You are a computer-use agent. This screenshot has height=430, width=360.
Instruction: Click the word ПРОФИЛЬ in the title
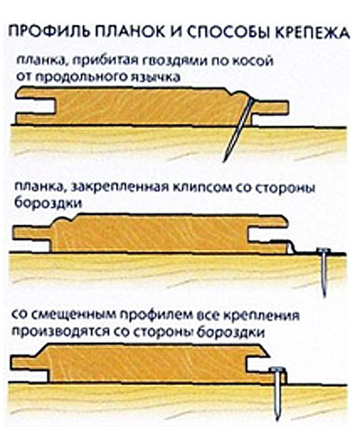48,31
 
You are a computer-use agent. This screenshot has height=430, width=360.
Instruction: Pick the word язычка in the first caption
157,77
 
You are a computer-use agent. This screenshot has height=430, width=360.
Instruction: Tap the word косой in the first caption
254,60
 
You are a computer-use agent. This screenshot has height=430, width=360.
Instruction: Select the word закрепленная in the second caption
117,189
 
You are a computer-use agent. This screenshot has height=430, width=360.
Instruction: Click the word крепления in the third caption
262,316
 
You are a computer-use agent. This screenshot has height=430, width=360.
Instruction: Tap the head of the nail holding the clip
323,250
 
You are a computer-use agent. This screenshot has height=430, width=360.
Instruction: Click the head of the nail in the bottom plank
277,369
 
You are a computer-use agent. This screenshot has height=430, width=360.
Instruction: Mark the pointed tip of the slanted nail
224,161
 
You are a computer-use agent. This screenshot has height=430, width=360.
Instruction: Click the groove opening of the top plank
36,106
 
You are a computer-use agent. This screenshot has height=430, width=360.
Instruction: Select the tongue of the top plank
271,108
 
